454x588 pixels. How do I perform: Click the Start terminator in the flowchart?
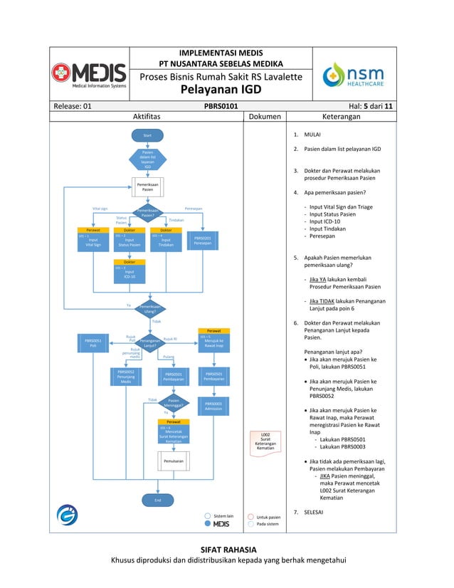pos(147,135)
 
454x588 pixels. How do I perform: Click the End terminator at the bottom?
pos(147,500)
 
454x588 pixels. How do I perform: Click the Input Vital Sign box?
pos(93,243)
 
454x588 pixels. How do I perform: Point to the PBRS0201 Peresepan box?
pos(203,241)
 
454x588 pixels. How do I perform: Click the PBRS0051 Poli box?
pos(93,343)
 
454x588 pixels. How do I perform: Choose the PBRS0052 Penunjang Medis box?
pos(126,377)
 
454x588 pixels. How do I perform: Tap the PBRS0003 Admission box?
pos(213,406)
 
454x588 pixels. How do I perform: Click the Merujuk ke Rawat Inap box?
pos(213,343)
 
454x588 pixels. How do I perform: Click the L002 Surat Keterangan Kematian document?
pos(265,441)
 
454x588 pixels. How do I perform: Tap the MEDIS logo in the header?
pos(89,74)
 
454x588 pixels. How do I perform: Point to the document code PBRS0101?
pos(221,106)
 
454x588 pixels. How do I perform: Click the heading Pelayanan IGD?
pos(221,90)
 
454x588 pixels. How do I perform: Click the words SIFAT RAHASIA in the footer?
pos(227,550)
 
